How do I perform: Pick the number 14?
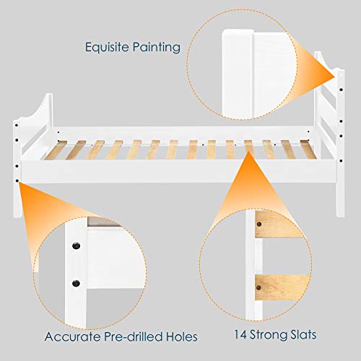click(241, 336)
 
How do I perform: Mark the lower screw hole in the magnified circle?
click(74, 281)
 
